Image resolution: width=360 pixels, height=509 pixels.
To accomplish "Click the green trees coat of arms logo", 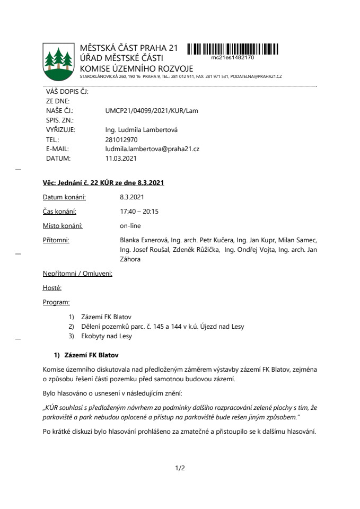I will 58,60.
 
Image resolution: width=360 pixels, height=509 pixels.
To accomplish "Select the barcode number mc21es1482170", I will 232,57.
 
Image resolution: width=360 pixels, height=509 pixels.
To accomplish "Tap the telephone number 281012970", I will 121,139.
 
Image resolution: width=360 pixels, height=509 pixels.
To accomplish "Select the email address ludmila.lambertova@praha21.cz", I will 152,148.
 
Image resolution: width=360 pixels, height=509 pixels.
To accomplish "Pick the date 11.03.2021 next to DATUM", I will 121,158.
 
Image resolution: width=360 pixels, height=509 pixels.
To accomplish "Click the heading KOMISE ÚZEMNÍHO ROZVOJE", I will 136,69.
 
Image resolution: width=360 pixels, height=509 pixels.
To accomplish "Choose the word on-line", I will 130,226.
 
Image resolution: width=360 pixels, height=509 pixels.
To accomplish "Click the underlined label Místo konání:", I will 63,226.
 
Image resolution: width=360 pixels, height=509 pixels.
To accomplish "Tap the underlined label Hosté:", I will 52,288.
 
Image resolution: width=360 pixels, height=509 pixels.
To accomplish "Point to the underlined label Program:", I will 56,302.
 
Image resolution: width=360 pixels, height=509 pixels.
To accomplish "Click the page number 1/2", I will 180,468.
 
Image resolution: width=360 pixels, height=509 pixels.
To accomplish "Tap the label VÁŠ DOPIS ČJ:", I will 67,91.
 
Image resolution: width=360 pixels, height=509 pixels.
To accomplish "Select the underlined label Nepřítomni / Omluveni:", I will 77,274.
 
